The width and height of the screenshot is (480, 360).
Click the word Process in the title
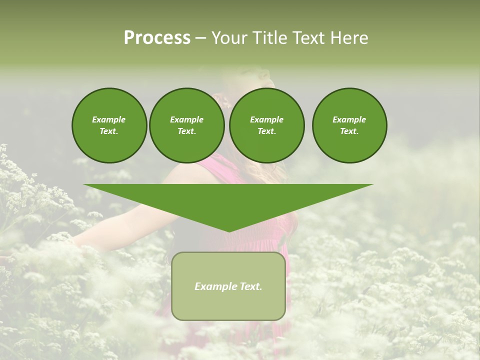click(157, 38)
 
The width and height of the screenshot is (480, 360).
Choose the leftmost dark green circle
click(109, 125)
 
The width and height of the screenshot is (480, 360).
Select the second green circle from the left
click(186, 125)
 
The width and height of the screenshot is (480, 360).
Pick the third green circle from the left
click(266, 125)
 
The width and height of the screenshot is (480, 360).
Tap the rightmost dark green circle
click(349, 125)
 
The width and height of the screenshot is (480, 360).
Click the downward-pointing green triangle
click(228, 200)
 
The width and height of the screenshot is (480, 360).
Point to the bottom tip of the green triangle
click(228, 230)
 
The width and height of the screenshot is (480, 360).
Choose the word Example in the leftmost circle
click(109, 119)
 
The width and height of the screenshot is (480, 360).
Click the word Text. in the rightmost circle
click(349, 131)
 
